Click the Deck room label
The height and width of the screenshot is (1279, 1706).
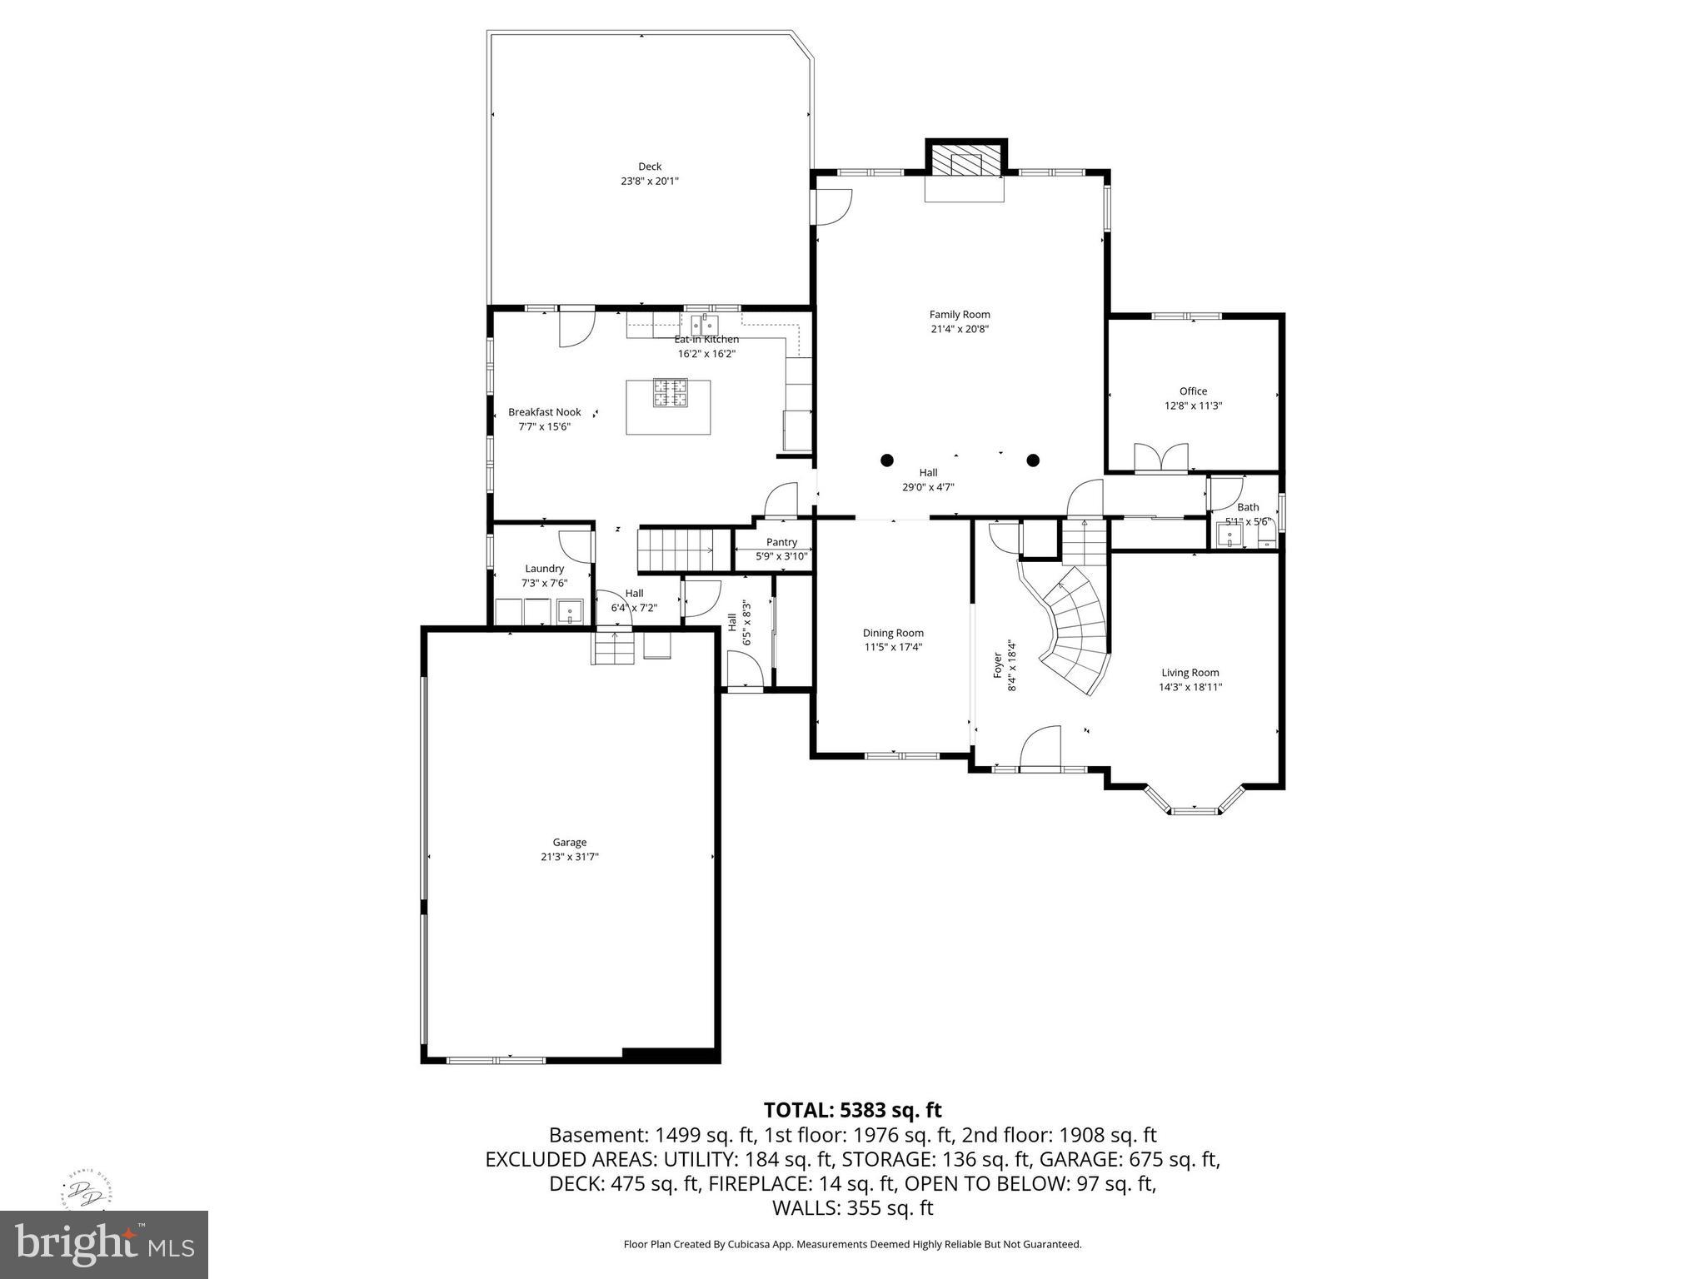(650, 167)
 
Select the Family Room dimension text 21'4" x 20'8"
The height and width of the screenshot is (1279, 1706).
(960, 329)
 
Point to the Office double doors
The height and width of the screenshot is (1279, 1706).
(1161, 459)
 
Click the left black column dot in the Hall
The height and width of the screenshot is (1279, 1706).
(887, 460)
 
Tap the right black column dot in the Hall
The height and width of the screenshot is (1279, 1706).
(1033, 460)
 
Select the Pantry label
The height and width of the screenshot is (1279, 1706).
(781, 542)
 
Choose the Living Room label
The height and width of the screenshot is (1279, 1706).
(1190, 673)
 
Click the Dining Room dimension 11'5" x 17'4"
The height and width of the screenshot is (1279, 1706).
(893, 647)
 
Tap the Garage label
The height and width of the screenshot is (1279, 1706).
(570, 842)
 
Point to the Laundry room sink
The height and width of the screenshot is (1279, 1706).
(571, 612)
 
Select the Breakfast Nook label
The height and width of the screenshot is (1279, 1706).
(544, 412)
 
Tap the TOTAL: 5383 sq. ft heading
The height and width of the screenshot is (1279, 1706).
(852, 1110)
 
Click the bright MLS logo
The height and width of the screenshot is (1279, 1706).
(104, 1244)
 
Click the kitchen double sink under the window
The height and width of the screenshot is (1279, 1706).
(705, 322)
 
